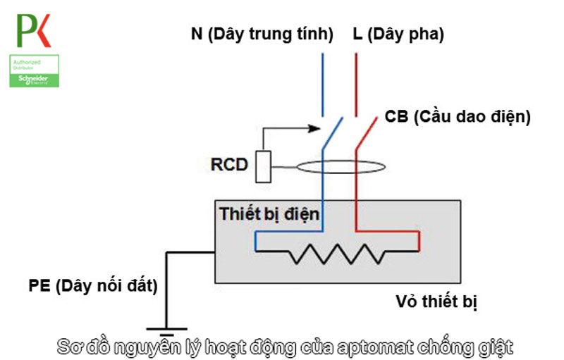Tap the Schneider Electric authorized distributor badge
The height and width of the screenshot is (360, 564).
pos(34,71)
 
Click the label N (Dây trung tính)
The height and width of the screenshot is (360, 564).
pos(262,34)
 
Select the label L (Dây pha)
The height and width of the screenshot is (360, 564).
pos(398,34)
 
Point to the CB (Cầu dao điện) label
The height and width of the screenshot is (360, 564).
pos(458,117)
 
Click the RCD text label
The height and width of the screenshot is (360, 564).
pos(229,166)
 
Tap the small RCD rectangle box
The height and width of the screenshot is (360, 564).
pos(263,166)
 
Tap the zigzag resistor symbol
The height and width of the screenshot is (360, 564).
pos(338,251)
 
